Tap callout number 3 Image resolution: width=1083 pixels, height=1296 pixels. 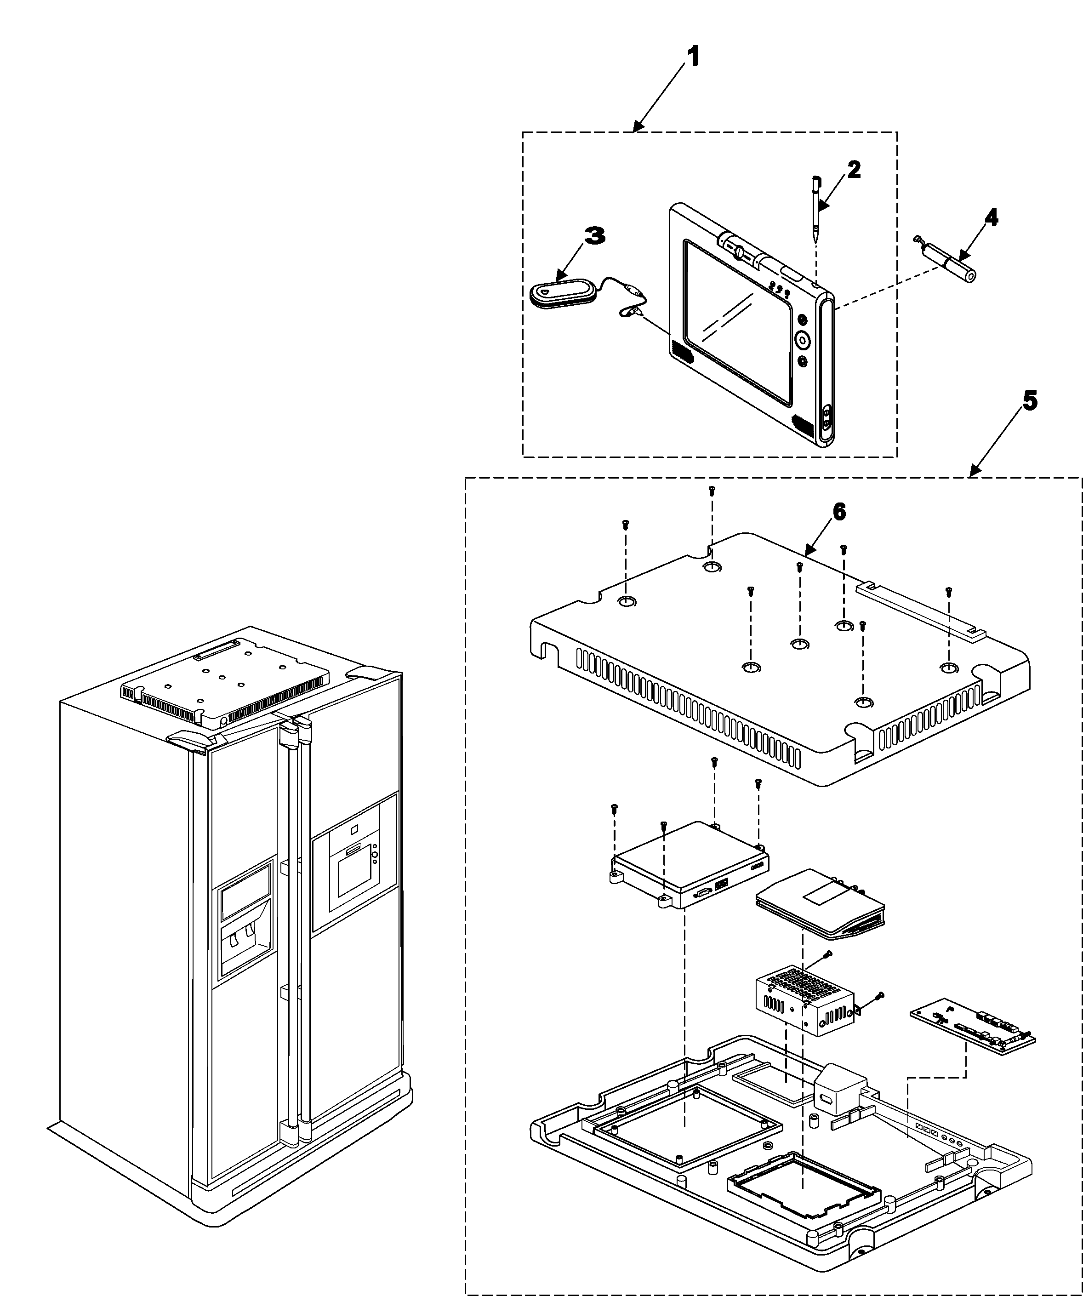[594, 236]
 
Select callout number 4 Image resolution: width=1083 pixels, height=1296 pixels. [991, 217]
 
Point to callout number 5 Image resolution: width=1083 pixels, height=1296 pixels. [1029, 402]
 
